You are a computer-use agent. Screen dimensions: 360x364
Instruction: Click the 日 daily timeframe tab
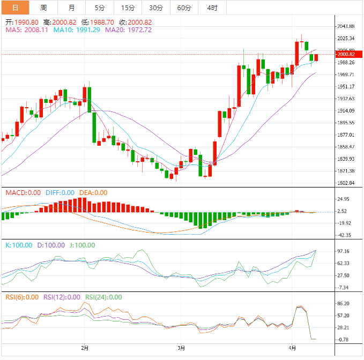(x=14, y=7)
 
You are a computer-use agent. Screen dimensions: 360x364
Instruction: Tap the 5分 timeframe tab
(x=100, y=7)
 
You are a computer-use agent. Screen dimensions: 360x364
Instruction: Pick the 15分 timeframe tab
(x=128, y=7)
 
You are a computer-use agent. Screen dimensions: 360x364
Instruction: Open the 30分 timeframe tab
(x=156, y=7)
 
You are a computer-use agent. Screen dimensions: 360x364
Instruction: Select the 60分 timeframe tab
(x=184, y=7)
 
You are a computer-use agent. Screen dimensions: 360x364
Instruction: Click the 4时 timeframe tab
(x=212, y=7)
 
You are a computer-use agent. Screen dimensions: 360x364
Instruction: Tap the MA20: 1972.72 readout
(x=128, y=30)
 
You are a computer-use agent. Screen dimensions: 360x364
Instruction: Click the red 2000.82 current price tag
(x=345, y=54)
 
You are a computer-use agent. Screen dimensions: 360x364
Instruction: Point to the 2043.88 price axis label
(x=345, y=26)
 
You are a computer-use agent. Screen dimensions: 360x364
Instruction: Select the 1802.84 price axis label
(x=345, y=183)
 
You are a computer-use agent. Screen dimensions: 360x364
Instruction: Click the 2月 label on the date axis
(x=85, y=348)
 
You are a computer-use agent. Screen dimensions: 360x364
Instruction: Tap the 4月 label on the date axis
(x=292, y=348)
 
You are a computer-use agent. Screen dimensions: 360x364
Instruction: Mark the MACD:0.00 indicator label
(x=23, y=193)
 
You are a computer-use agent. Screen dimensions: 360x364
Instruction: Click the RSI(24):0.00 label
(x=103, y=297)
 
